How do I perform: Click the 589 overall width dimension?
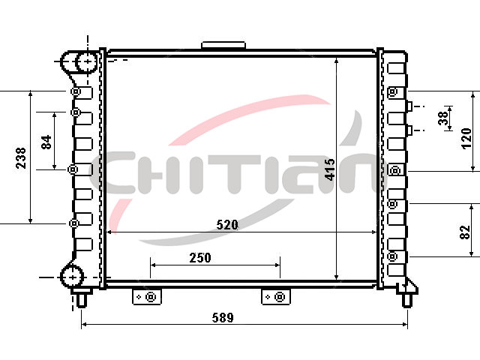click(223, 317)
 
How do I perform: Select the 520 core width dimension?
click(227, 225)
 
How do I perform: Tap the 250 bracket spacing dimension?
click(200, 258)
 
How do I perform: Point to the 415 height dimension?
click(330, 169)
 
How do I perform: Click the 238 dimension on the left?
click(21, 157)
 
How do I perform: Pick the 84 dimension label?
click(46, 142)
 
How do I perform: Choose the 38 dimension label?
click(443, 118)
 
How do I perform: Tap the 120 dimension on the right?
click(466, 138)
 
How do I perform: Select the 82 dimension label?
click(465, 232)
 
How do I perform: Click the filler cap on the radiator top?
click(223, 45)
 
